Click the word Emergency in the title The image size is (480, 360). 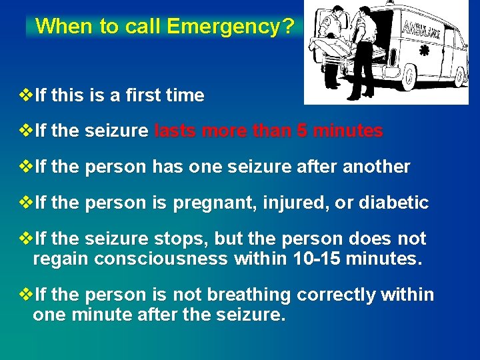click(224, 27)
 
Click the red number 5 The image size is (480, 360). click(303, 131)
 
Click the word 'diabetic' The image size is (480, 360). click(393, 203)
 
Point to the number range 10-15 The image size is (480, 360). click(318, 259)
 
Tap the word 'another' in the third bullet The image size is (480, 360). click(376, 167)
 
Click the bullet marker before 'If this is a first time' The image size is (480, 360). click(27, 95)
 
